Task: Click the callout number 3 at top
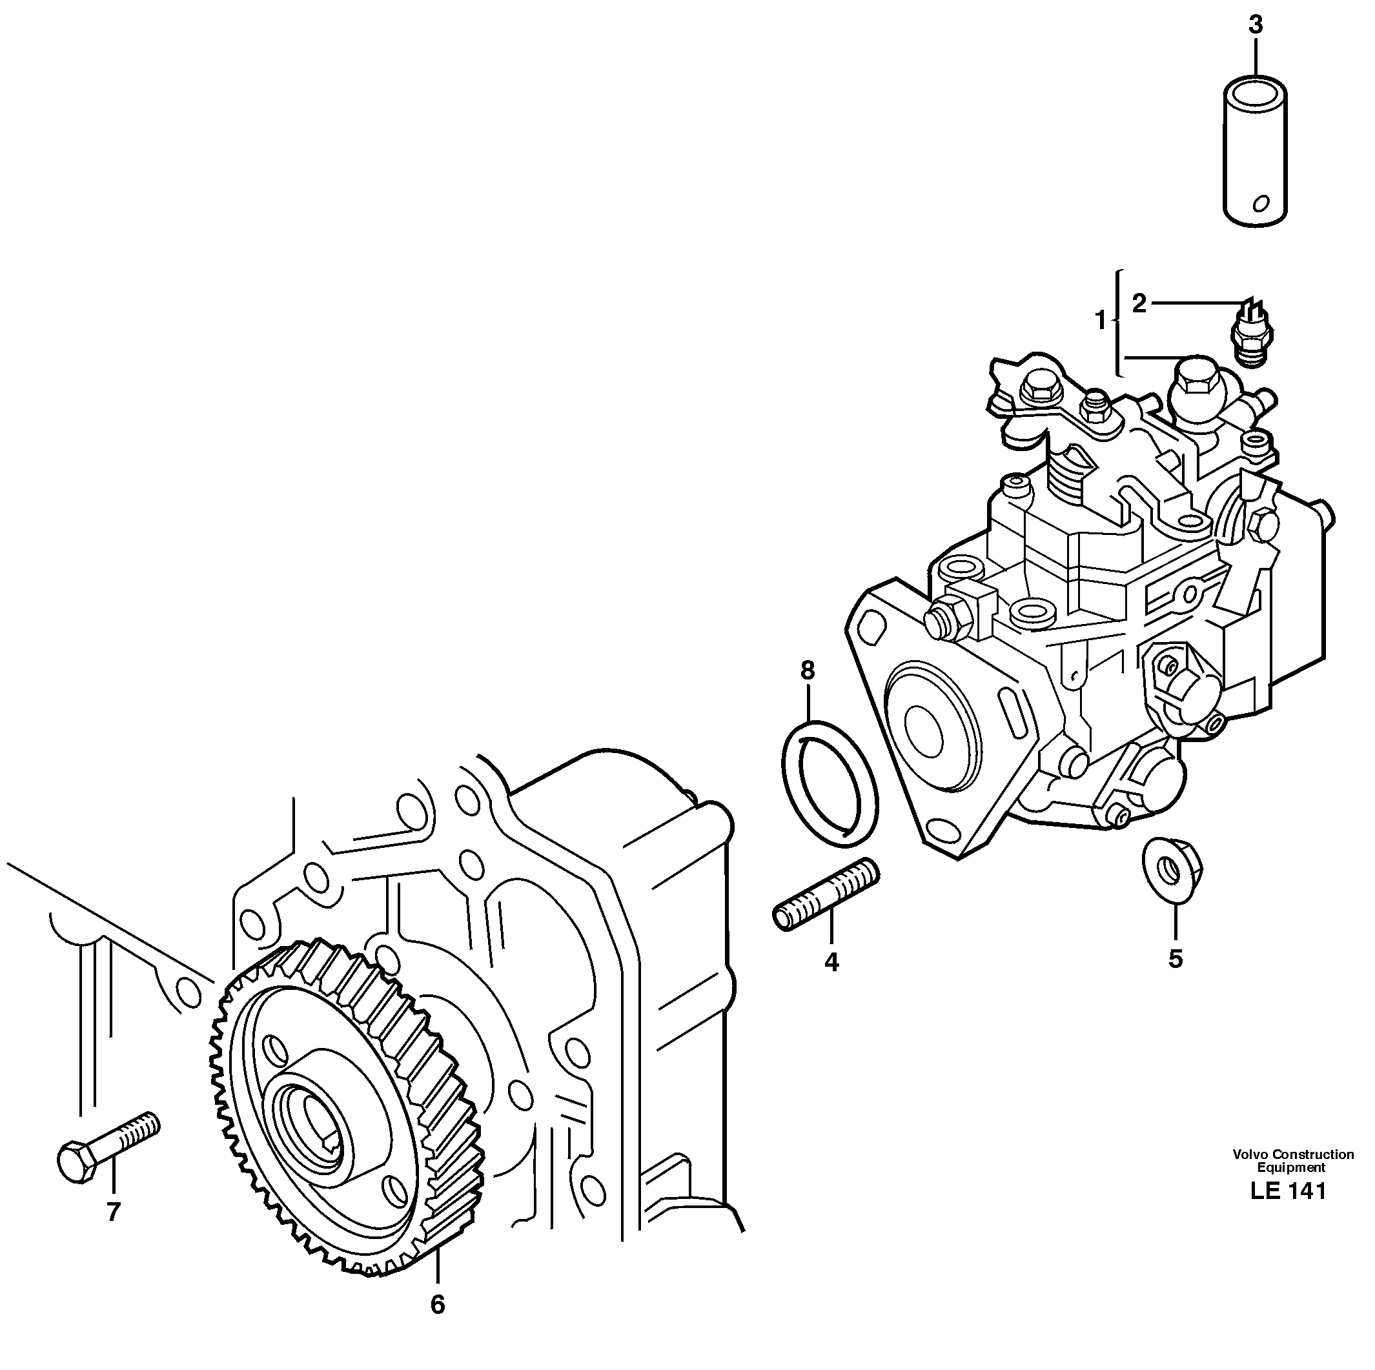point(1256,25)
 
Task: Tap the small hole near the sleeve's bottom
point(1259,204)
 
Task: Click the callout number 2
point(1139,304)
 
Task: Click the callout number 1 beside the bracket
point(1100,321)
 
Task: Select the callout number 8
point(807,670)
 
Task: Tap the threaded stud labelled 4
point(826,895)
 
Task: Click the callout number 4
point(831,962)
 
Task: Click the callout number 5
point(1175,959)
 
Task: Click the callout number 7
point(113,1211)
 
